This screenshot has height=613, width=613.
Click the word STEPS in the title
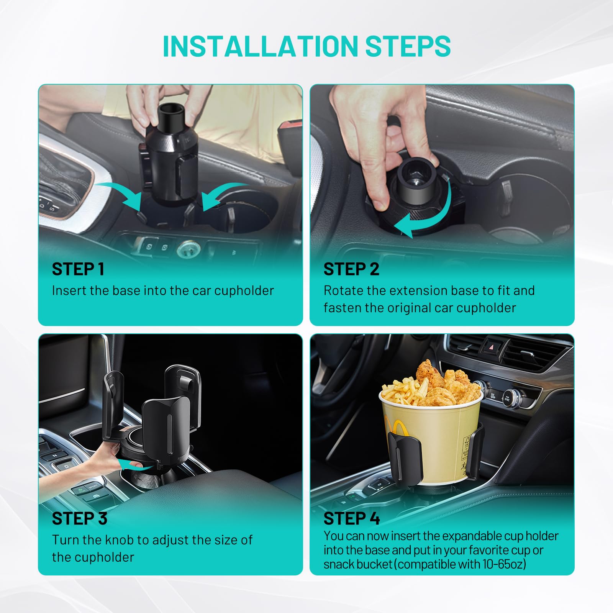tap(408, 46)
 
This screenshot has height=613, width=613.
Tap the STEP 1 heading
tap(78, 269)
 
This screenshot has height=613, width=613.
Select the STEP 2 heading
tap(351, 269)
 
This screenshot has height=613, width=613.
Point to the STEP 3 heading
tap(79, 518)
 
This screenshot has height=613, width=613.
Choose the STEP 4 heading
tap(351, 518)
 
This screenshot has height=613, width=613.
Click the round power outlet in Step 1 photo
tap(188, 249)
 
